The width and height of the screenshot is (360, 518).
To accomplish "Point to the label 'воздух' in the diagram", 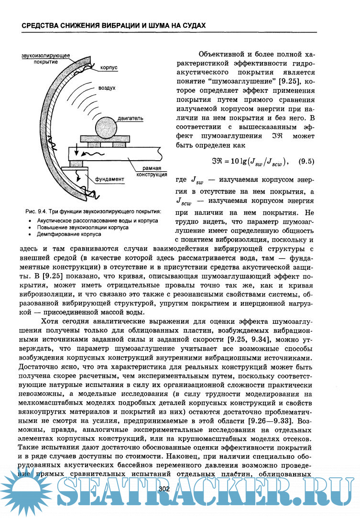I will click(107, 88).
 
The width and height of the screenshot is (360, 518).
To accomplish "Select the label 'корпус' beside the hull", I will click(109, 68).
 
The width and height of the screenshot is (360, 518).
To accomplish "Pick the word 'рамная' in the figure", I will click(151, 169).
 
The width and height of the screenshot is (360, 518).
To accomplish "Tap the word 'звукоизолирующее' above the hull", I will click(45, 56).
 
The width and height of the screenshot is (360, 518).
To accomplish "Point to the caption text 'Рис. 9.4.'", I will click(38, 212).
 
